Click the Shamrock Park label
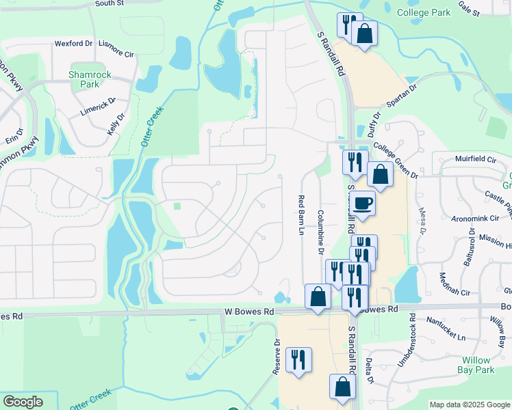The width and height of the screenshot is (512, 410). pyautogui.click(x=84, y=79)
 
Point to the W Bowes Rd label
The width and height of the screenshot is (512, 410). pyautogui.click(x=249, y=312)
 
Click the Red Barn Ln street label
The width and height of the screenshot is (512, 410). pyautogui.click(x=300, y=215)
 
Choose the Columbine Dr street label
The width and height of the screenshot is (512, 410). pyautogui.click(x=320, y=232)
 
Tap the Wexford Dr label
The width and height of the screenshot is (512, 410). pyautogui.click(x=73, y=44)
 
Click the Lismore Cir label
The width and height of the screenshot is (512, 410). pyautogui.click(x=115, y=43)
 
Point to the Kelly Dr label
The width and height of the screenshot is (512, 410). pyautogui.click(x=115, y=125)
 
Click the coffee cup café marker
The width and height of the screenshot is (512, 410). pyautogui.click(x=361, y=203)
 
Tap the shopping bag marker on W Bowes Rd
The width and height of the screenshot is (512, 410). pyautogui.click(x=318, y=297)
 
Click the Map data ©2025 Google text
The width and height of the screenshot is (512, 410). pyautogui.click(x=469, y=405)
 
